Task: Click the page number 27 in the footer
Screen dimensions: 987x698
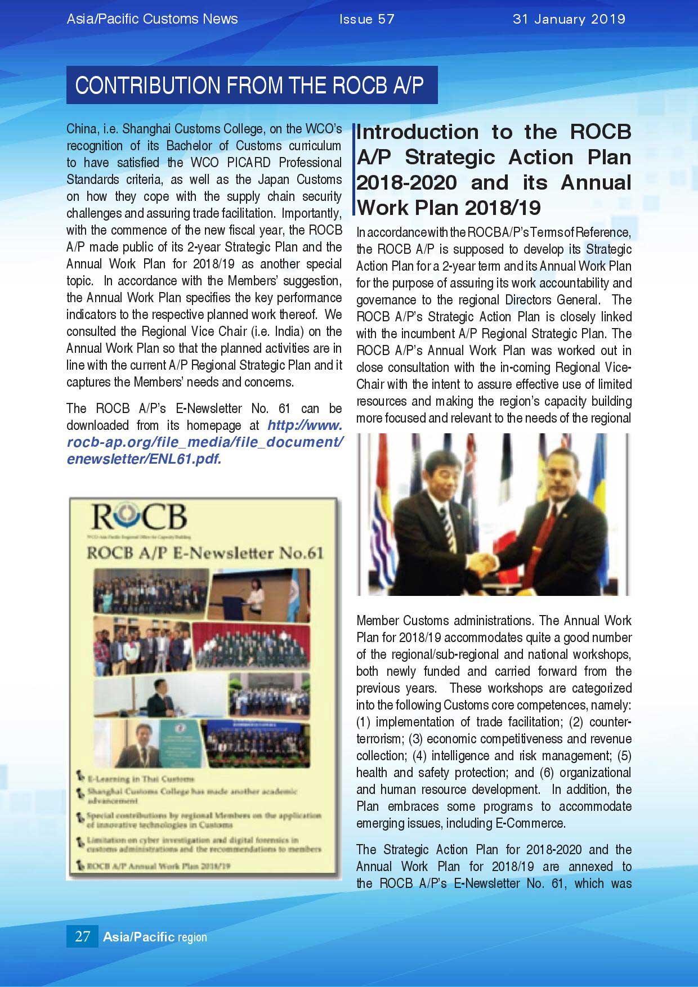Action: [82, 936]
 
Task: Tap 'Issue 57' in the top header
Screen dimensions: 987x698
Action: [367, 19]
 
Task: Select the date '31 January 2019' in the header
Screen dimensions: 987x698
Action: [569, 19]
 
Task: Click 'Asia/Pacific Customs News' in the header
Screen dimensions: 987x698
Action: [153, 19]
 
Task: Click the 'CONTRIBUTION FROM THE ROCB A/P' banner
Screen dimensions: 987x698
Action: [252, 85]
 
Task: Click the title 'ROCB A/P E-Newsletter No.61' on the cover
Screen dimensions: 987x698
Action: [205, 553]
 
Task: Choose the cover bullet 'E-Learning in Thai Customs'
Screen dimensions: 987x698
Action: [139, 779]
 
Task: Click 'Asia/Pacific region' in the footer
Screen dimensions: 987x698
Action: [155, 937]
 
